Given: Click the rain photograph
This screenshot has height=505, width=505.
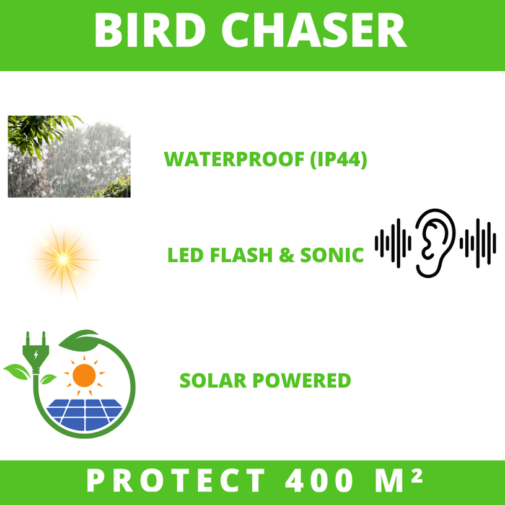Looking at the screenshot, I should tap(69, 156).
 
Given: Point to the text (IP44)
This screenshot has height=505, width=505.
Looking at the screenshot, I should tap(338, 159).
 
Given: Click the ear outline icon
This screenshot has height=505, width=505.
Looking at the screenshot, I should tap(435, 242).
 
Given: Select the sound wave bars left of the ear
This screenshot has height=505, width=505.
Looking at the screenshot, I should tap(393, 242).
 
